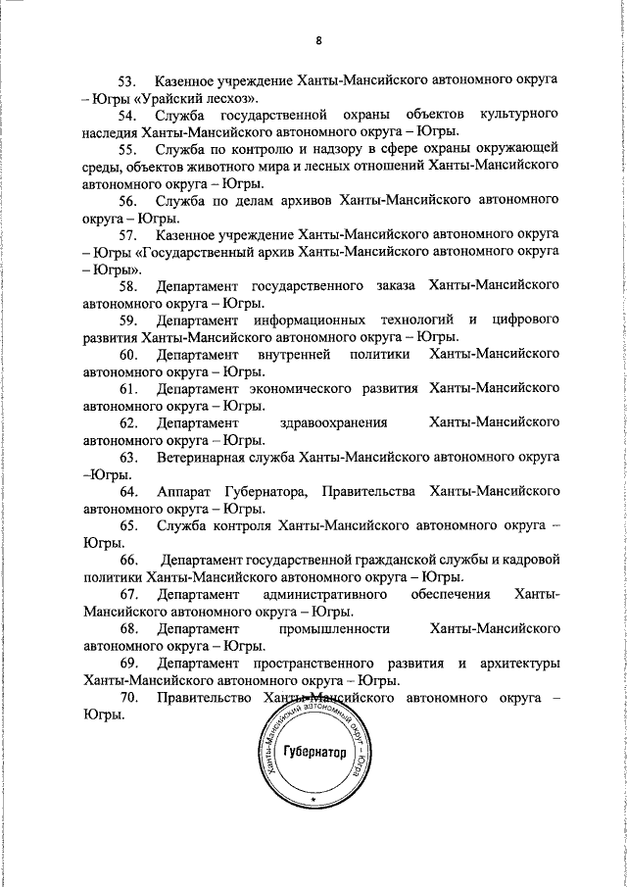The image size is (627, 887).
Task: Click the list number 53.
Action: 130,80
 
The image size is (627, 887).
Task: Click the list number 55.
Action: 130,150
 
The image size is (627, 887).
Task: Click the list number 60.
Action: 130,355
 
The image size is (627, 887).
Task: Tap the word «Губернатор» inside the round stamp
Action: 314,753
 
